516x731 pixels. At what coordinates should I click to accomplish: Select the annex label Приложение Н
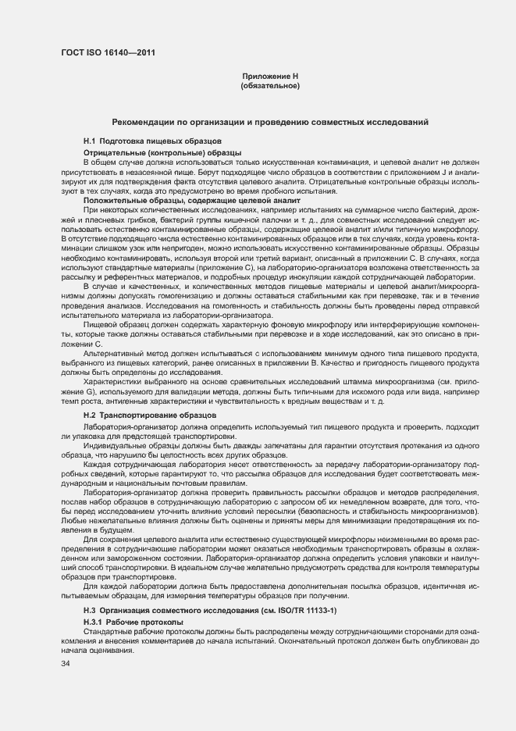pyautogui.click(x=270, y=76)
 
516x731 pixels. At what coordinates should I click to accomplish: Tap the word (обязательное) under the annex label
pyautogui.click(x=270, y=85)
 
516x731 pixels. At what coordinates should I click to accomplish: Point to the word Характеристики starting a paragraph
pyautogui.click(x=116, y=380)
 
